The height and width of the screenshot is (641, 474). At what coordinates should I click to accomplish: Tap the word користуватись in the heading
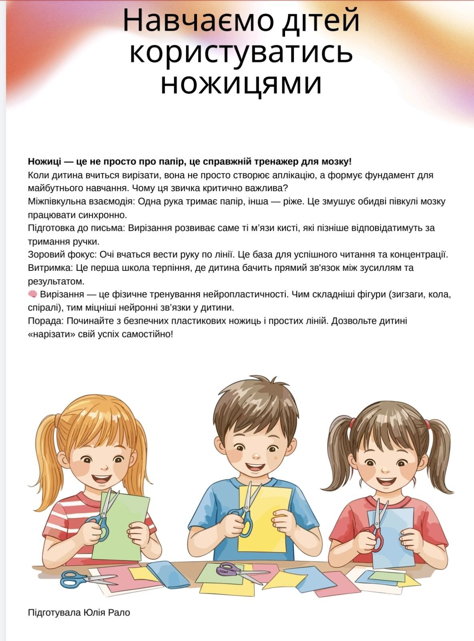[x=241, y=52]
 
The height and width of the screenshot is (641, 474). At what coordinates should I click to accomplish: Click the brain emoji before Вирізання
[x=32, y=294]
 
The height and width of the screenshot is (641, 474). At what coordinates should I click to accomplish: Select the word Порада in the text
[x=46, y=321]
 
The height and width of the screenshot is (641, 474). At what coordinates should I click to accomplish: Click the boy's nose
[x=257, y=455]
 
